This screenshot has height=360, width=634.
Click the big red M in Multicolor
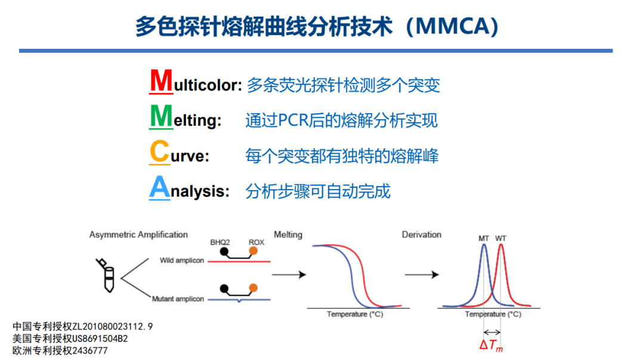tap(161, 80)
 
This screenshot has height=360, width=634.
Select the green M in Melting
tap(161, 116)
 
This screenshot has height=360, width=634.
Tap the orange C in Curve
tap(159, 151)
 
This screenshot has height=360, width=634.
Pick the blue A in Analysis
tap(160, 187)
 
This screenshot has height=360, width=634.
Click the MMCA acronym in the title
tap(452, 27)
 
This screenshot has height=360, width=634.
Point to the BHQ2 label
tap(220, 242)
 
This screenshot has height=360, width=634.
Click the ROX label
tap(256, 242)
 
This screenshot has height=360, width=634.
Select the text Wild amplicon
tap(181, 260)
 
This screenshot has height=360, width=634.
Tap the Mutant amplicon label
tap(178, 299)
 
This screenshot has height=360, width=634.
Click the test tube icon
tap(106, 275)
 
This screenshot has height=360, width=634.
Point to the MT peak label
tap(484, 238)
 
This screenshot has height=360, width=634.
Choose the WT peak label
tap(500, 238)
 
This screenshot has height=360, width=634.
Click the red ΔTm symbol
tap(491, 346)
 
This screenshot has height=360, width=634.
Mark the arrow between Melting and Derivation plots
tap(422, 275)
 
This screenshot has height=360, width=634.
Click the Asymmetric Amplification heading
tap(138, 235)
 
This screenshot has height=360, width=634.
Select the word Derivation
tap(421, 234)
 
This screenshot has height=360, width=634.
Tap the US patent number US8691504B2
tap(100, 339)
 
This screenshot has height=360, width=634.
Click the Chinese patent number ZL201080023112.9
tap(112, 327)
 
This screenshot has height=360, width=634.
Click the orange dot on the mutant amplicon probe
tap(253, 288)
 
